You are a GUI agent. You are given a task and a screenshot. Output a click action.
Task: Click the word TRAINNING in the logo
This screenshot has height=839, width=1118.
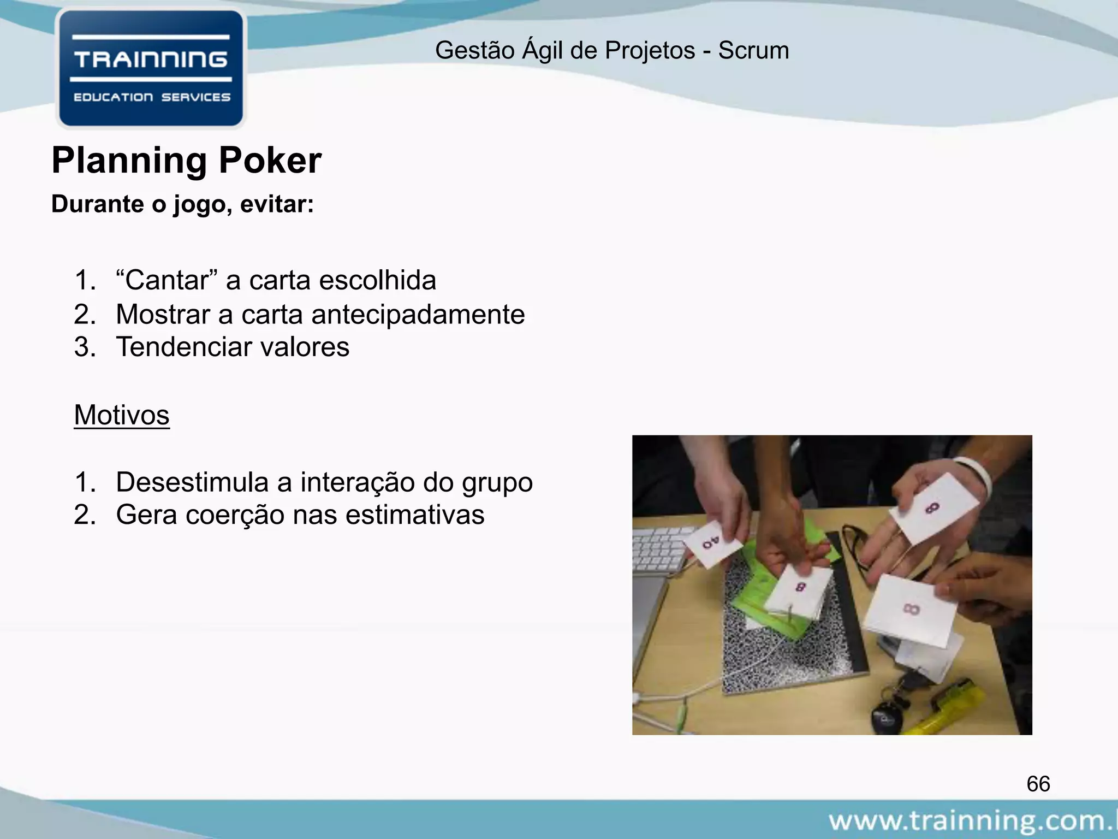point(151,60)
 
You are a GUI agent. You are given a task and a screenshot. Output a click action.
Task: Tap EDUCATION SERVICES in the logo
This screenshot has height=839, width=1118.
point(152,97)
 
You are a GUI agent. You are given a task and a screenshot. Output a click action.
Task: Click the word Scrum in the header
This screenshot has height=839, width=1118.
point(753,51)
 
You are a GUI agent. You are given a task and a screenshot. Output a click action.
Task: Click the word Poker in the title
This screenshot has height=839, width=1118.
point(270,161)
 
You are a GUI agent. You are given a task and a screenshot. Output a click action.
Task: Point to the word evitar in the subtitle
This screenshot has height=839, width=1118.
point(276,204)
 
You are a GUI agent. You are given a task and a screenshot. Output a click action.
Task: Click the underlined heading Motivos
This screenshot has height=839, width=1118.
point(122,415)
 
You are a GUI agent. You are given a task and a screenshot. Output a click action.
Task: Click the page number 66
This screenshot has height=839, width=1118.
point(1038,784)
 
